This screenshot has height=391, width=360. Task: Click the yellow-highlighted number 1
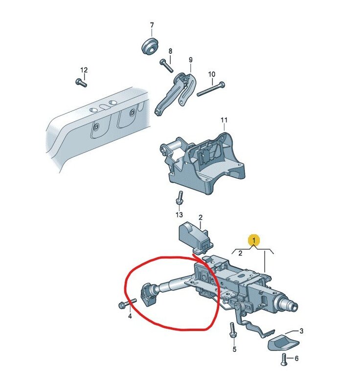coord(254,240)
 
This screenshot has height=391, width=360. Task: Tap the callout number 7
coord(152,25)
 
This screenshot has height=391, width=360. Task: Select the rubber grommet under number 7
coord(150,46)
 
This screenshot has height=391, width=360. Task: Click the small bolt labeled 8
coord(167,66)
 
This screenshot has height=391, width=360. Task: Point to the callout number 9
coord(191,60)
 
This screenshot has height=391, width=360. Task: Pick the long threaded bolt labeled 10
coord(211,89)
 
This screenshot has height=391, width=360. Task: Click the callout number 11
coord(224,120)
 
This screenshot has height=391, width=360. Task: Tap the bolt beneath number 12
coord(81,82)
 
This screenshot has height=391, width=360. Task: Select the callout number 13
coord(179,215)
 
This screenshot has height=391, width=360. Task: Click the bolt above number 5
coord(233,330)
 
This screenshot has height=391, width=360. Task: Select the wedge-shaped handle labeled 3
coord(283,344)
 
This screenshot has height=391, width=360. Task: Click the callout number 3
coord(301,331)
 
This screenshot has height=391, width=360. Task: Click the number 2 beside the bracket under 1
coord(240,253)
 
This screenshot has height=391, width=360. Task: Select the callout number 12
coord(84,70)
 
